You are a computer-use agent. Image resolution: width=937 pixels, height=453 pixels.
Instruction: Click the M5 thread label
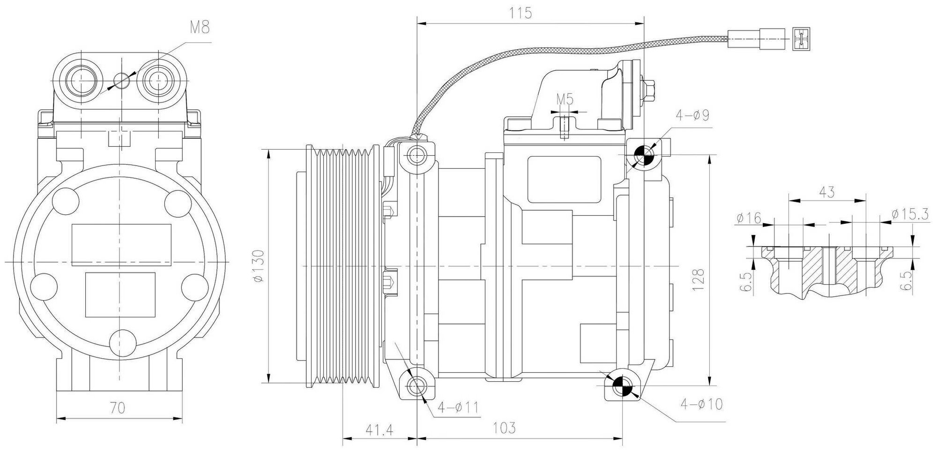565,99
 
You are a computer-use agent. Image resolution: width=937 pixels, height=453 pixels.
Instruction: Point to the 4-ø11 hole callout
458,408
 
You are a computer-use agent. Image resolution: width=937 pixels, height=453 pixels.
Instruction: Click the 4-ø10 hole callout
702,404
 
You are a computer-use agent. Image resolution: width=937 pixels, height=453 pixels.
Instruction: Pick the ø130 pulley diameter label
259,266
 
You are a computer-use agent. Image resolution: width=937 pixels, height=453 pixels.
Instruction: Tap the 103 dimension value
504,428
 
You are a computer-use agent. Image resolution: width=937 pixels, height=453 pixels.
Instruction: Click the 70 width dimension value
118,408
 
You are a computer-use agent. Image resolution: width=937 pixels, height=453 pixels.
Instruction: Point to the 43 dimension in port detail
826,192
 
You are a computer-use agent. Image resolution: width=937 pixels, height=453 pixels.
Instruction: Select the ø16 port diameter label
749,218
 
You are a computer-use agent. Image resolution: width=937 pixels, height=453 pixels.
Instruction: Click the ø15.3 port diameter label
910,214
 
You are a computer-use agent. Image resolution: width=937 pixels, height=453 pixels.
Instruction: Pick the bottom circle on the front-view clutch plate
121,344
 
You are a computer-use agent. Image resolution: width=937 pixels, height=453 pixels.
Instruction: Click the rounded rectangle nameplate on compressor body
564,180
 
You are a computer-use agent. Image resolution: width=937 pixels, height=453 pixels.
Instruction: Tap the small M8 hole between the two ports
122,80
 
